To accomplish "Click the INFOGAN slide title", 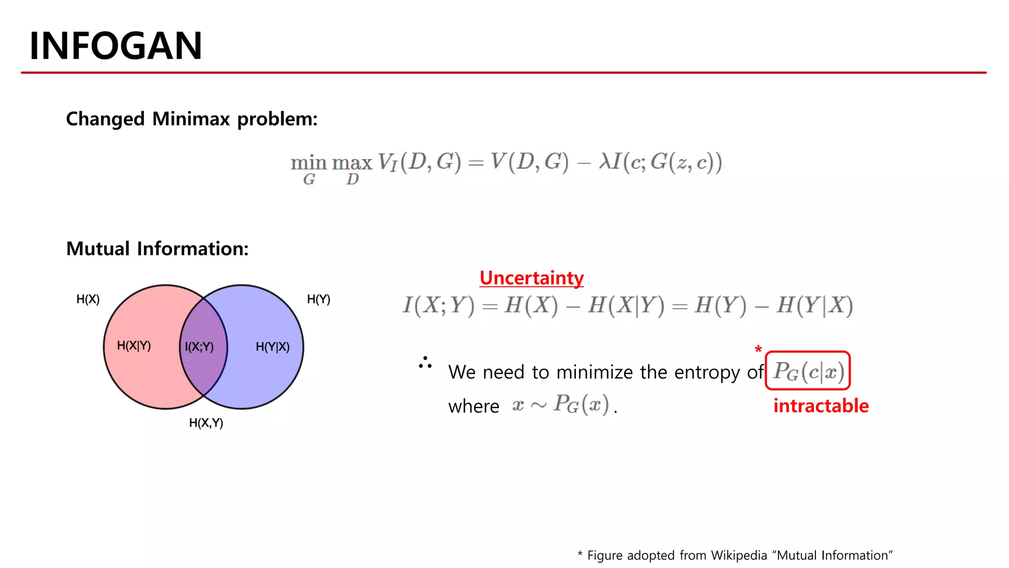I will pos(116,46).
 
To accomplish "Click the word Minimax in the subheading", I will pos(191,119).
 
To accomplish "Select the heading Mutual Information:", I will pos(157,248).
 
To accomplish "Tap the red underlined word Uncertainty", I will pos(531,278).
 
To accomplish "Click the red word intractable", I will pos(820,406).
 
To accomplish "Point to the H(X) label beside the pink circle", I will pos(88,299).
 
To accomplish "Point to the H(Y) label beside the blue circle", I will pos(318,299).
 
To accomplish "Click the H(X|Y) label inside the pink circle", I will pos(134,346).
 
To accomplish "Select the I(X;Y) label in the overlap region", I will pos(199,347).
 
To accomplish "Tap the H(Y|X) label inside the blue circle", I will pos(272,347).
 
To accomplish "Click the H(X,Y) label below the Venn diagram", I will pos(206,423).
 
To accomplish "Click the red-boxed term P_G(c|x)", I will pos(808,371).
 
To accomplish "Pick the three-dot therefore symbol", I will pos(425,362).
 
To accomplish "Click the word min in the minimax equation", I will pos(308,163).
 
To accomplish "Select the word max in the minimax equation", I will pos(352,163).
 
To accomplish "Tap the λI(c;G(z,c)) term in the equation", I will pos(660,162).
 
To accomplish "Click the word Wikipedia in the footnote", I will pos(739,556).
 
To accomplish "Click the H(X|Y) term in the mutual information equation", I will pos(626,305).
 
